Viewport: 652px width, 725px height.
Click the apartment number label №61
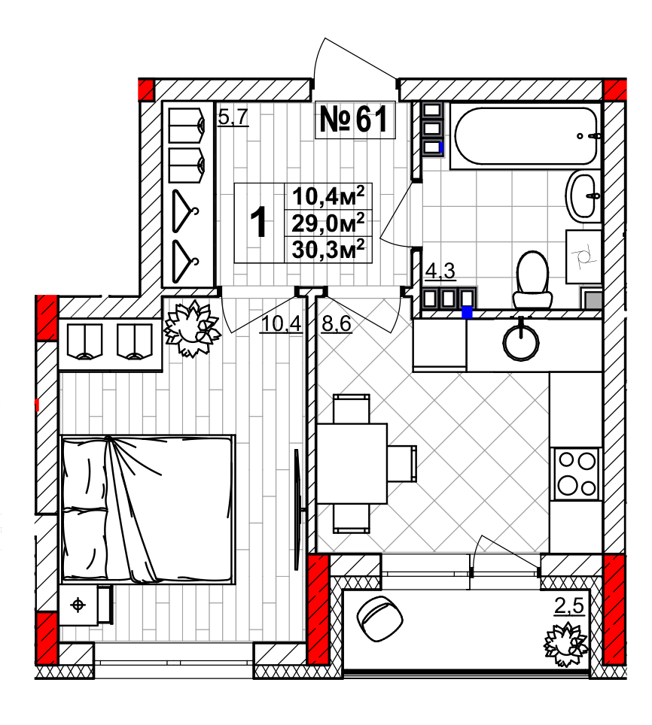click(354, 120)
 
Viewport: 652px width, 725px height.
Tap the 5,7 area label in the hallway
click(233, 117)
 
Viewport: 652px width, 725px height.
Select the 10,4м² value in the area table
click(328, 196)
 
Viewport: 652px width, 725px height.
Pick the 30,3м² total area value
click(328, 250)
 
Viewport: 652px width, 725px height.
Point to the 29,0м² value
click(328, 223)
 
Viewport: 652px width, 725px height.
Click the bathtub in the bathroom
click(526, 136)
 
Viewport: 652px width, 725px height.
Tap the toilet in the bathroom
click(532, 279)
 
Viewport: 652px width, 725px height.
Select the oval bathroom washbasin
click(582, 194)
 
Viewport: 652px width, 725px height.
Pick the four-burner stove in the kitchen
click(577, 474)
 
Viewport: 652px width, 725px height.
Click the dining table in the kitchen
click(352, 463)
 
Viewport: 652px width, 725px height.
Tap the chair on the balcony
click(380, 618)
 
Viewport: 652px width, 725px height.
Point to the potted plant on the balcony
click(566, 645)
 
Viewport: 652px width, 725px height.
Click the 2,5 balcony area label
click(569, 606)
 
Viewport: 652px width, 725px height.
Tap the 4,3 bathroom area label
click(440, 271)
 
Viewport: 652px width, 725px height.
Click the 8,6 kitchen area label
click(337, 323)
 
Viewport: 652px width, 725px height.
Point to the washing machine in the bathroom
click(583, 257)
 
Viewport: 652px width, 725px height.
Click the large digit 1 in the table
click(259, 223)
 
